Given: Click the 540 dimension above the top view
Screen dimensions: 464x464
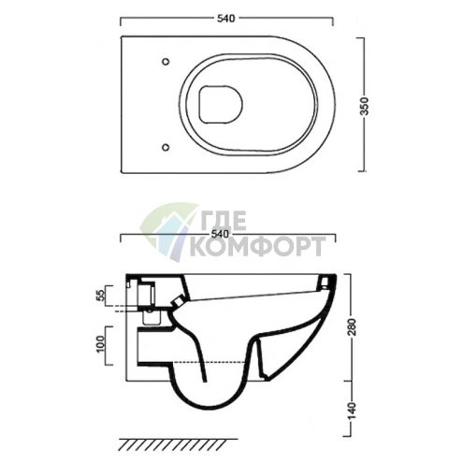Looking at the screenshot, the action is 225,19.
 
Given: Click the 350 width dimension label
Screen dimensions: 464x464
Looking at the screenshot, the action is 364,106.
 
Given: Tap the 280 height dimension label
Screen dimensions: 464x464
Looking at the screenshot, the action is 353,326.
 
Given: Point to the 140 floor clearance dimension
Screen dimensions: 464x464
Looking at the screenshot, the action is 353,411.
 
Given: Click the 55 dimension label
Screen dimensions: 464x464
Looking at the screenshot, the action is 101,295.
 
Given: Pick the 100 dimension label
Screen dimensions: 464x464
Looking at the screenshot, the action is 101,344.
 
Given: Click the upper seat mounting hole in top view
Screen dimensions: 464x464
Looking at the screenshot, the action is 166,62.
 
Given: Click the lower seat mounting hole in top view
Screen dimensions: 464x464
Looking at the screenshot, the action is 166,147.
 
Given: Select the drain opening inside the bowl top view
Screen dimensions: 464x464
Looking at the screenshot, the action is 221,104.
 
